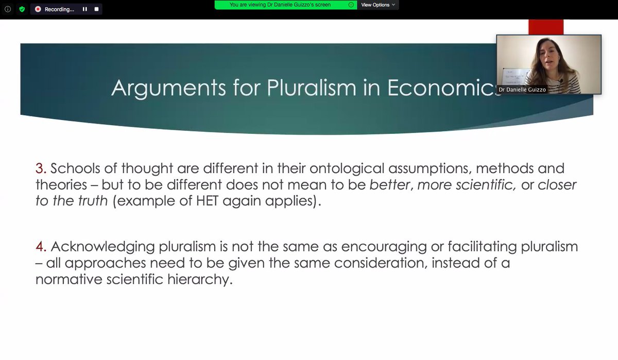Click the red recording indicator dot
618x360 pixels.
38,9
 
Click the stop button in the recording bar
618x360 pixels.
96,9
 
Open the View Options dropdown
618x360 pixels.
378,5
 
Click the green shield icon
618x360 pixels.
22,9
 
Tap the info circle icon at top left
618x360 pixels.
8,9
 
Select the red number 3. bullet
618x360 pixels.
41,169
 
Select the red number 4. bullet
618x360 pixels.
41,247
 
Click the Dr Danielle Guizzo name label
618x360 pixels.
522,90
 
